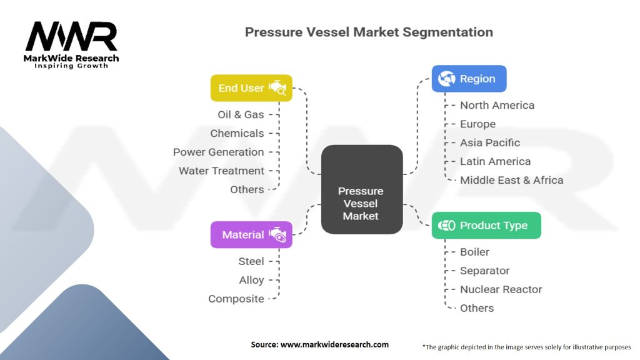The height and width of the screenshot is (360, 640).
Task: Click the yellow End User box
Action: [x=251, y=87]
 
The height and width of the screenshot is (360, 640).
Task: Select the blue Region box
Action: [x=469, y=78]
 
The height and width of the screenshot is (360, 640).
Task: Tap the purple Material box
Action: [x=251, y=235]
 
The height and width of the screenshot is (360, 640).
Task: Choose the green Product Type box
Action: [x=486, y=225]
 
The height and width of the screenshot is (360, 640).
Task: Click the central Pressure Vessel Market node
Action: [x=362, y=189]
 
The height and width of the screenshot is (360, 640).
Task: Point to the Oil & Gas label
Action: [x=241, y=115]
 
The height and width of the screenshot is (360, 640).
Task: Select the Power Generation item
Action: [x=218, y=152]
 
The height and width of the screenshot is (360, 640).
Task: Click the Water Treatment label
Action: [x=222, y=171]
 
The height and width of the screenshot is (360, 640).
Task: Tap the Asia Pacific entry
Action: [x=490, y=143]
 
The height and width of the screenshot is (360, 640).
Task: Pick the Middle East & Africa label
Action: [x=511, y=181]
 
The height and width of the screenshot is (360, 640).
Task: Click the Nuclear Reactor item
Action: [x=501, y=290]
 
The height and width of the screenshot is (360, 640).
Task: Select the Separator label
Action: [x=484, y=271]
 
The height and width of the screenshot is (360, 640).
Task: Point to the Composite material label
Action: [x=236, y=299]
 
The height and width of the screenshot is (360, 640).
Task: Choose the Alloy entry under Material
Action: [x=251, y=281]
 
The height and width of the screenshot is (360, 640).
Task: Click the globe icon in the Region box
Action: [x=446, y=78]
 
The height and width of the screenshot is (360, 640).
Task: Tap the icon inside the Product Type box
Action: [x=446, y=225]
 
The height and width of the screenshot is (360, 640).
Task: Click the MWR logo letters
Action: [x=71, y=36]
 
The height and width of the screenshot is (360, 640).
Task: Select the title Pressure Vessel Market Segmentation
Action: [x=369, y=32]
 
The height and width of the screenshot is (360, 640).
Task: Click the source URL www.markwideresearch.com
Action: [x=334, y=344]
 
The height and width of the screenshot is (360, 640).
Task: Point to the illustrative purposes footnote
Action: [x=526, y=347]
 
